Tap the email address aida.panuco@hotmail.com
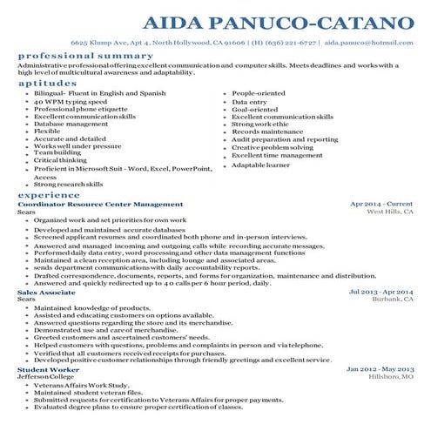371,41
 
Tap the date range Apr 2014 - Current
381,204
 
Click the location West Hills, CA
389,212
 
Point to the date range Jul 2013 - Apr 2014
380,292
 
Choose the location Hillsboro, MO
389,376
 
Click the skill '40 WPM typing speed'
71,100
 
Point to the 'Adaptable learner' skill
260,165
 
